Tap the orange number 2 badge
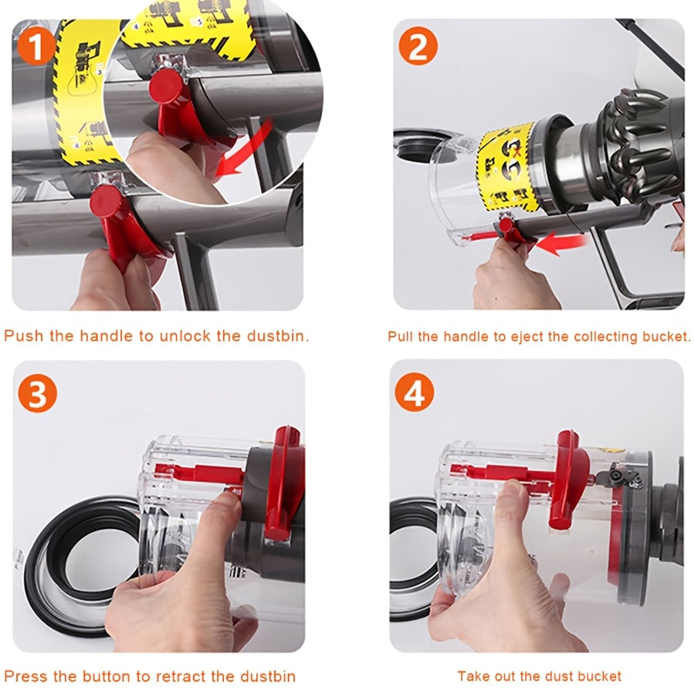418,48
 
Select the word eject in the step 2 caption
515,337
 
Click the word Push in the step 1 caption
22,336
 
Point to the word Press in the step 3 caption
25,676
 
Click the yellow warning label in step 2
507,170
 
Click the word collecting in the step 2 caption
586,337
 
